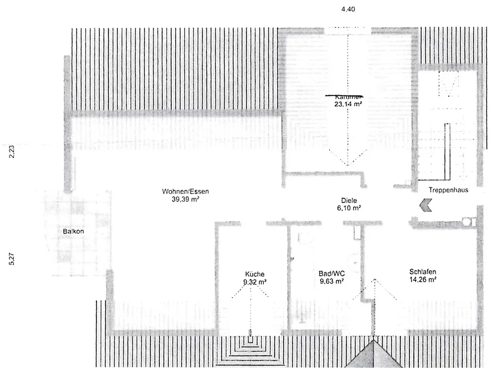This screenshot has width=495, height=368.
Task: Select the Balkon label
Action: tap(73, 231)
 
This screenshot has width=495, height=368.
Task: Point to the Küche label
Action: tap(254, 274)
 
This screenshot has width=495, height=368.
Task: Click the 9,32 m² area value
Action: tap(254, 282)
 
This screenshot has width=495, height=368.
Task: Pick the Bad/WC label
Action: tap(331, 273)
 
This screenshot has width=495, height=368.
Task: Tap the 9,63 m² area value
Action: tap(332, 281)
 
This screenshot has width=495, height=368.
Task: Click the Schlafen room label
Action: tap(422, 271)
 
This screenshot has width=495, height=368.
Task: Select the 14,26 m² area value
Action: tap(422, 279)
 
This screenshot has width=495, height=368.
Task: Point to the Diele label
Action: tap(349, 201)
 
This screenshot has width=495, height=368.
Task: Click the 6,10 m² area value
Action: tap(349, 208)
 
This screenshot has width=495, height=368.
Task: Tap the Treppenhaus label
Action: tap(448, 190)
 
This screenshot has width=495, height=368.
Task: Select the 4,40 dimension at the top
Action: tap(348, 9)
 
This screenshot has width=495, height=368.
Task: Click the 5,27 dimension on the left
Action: tap(12, 260)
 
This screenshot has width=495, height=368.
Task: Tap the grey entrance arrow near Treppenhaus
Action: tap(425, 206)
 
